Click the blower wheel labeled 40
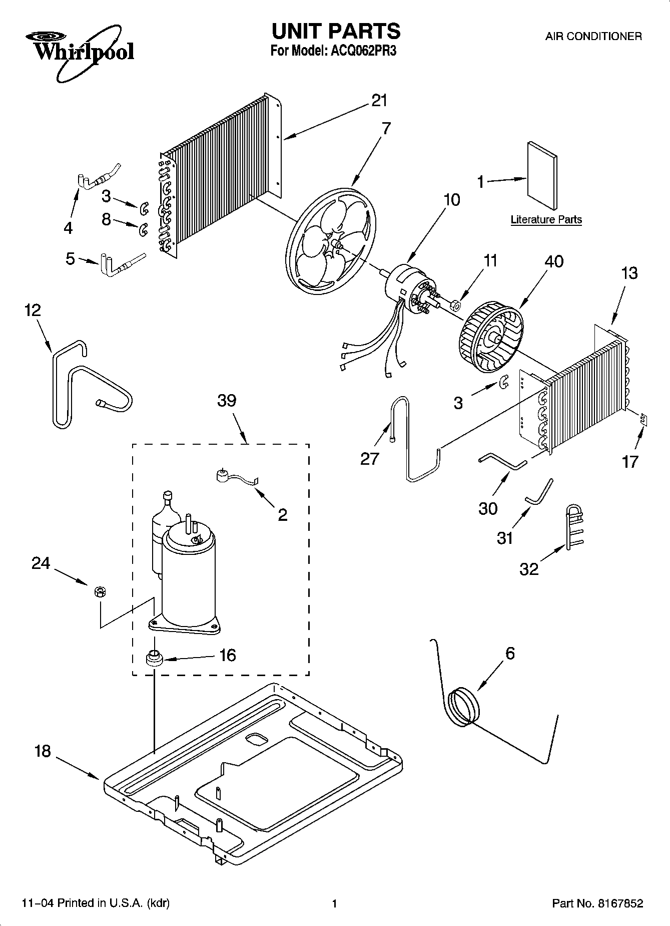coord(490,342)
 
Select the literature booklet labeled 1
coord(542,175)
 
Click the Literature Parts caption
coord(546,219)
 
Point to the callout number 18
coord(43,751)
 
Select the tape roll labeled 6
coord(463,707)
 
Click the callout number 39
coord(227,401)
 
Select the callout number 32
coord(529,568)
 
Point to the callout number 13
coord(629,273)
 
